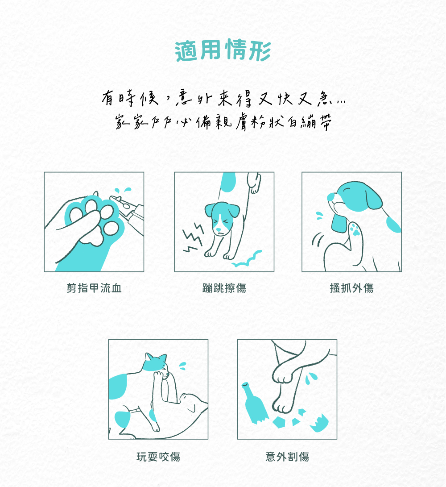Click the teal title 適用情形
pos(223,50)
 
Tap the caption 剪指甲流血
pos(94,288)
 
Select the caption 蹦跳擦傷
pos(224,288)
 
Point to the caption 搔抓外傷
pos(351,288)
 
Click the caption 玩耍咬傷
pos(158,457)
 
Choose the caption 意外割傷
pos(287,457)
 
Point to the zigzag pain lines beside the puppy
pos(192,237)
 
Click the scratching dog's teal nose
pos(331,197)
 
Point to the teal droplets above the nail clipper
pos(123,190)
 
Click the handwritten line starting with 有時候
pos(223,98)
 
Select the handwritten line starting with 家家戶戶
pos(223,121)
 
